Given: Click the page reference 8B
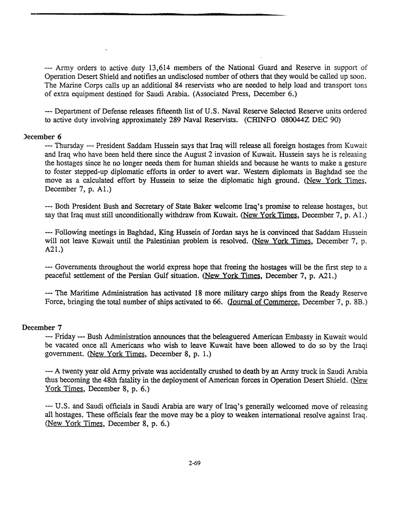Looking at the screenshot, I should point(356,303).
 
